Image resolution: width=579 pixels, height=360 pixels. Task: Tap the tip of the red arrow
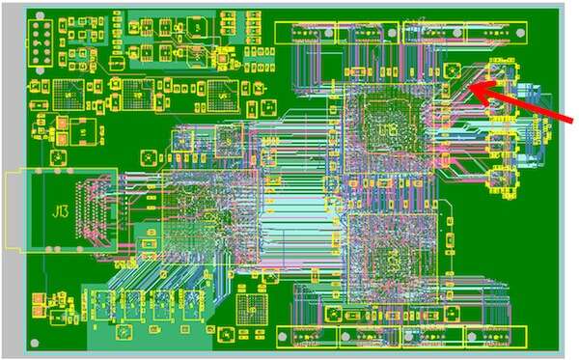pyautogui.click(x=471, y=88)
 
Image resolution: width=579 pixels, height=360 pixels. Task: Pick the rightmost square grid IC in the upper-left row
pyautogui.click(x=221, y=97)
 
